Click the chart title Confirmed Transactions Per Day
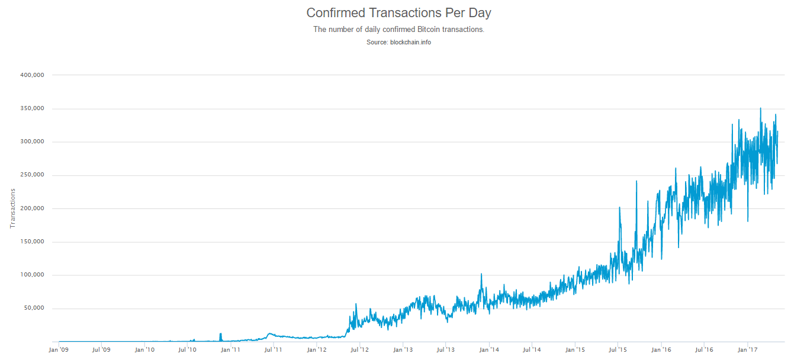[x=398, y=12]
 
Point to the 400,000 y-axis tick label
[x=32, y=75]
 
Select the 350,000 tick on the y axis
[x=32, y=109]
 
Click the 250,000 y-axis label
[x=32, y=175]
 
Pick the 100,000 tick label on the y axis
[x=32, y=275]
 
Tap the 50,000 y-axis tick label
[x=34, y=308]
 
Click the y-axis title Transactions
[x=12, y=208]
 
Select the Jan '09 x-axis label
[x=59, y=350]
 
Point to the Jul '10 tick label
[x=187, y=350]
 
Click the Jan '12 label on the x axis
[x=317, y=350]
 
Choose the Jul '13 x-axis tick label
[x=445, y=350]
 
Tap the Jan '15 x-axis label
[x=575, y=350]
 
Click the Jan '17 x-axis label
[x=748, y=350]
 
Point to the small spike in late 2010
[x=220, y=335]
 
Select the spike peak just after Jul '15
[x=619, y=208]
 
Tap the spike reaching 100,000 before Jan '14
[x=481, y=275]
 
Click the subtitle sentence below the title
[x=398, y=29]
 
